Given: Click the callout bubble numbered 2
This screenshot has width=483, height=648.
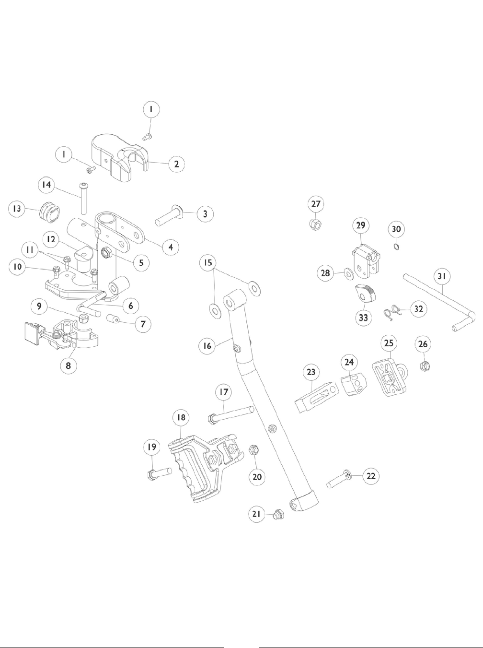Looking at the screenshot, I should pyautogui.click(x=177, y=164).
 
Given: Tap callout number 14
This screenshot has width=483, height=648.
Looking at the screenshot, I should pyautogui.click(x=48, y=185).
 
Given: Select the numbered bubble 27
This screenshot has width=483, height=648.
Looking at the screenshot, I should pyautogui.click(x=316, y=204).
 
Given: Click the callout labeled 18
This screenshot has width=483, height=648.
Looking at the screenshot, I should pyautogui.click(x=181, y=417).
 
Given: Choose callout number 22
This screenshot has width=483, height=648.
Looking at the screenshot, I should pyautogui.click(x=370, y=476).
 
